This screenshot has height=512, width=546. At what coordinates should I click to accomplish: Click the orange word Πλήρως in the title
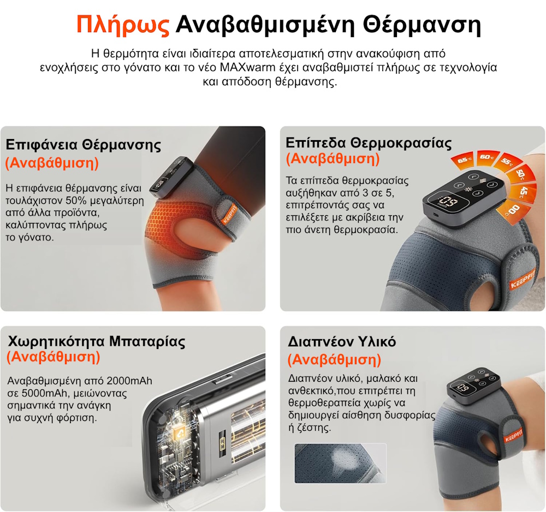(x=123, y=25)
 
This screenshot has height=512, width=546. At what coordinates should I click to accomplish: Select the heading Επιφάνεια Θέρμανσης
(x=83, y=145)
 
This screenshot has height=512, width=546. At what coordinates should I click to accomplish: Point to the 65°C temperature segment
(x=464, y=160)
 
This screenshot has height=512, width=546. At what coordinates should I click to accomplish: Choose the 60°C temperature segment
(x=486, y=157)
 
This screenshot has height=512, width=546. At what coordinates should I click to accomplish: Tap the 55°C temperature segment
(x=507, y=162)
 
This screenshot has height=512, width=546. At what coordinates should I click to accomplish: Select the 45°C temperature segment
(x=525, y=192)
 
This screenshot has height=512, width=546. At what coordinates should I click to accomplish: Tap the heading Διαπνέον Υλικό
(x=342, y=342)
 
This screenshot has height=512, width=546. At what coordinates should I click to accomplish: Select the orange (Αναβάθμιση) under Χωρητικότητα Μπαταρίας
(x=53, y=357)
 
